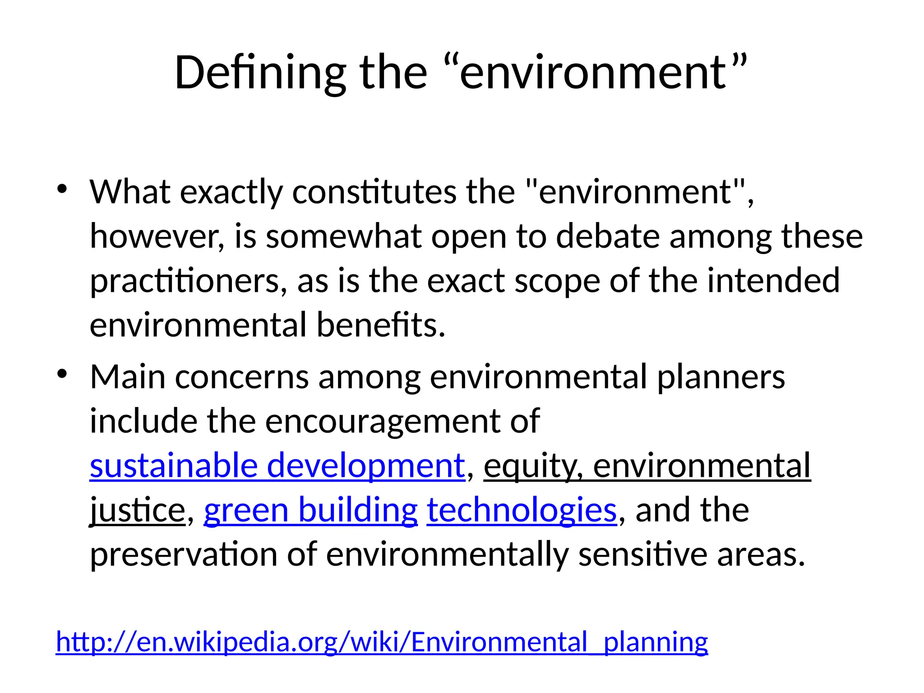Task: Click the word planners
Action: point(721,377)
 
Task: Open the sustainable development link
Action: point(277,466)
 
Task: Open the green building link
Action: point(310,510)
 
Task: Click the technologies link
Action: point(522,510)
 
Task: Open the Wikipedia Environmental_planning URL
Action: point(382,642)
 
